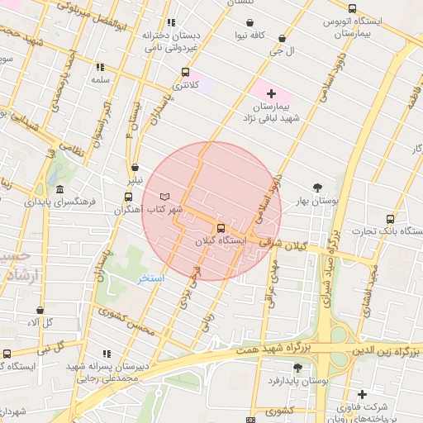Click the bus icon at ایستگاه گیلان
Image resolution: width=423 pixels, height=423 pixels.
pyautogui.click(x=221, y=228)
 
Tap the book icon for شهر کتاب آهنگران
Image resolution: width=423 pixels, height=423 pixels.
pyautogui.click(x=164, y=196)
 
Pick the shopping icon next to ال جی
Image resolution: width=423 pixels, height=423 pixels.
pyautogui.click(x=283, y=38)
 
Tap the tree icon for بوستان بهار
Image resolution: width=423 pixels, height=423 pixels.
pyautogui.click(x=318, y=187)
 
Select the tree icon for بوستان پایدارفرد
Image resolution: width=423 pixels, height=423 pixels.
pyautogui.click(x=297, y=367)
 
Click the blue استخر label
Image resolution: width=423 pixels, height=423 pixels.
pyautogui.click(x=151, y=278)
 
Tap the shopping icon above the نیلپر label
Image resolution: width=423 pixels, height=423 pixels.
pyautogui.click(x=134, y=166)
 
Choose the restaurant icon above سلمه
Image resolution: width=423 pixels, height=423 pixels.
pyautogui.click(x=101, y=67)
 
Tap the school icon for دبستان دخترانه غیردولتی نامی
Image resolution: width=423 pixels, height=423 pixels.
pyautogui.click(x=170, y=23)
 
